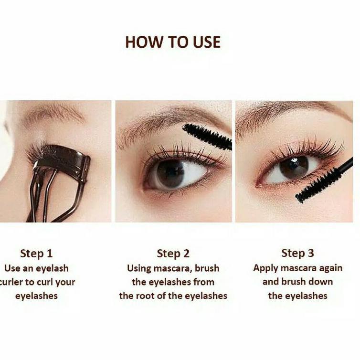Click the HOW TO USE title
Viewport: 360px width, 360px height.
tap(173, 42)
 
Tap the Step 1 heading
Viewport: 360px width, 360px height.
tap(36, 254)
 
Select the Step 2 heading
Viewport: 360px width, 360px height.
tap(173, 254)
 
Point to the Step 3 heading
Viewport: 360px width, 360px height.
tap(297, 253)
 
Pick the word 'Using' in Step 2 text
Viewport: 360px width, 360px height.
tap(139, 269)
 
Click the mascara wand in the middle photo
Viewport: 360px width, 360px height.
tap(207, 137)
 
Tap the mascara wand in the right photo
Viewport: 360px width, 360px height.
tap(324, 180)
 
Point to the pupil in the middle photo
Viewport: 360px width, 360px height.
tap(170, 173)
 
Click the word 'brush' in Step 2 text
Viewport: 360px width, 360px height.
tap(207, 268)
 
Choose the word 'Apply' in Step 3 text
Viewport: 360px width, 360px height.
tap(265, 269)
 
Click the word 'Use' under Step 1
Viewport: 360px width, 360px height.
tap(12, 268)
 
